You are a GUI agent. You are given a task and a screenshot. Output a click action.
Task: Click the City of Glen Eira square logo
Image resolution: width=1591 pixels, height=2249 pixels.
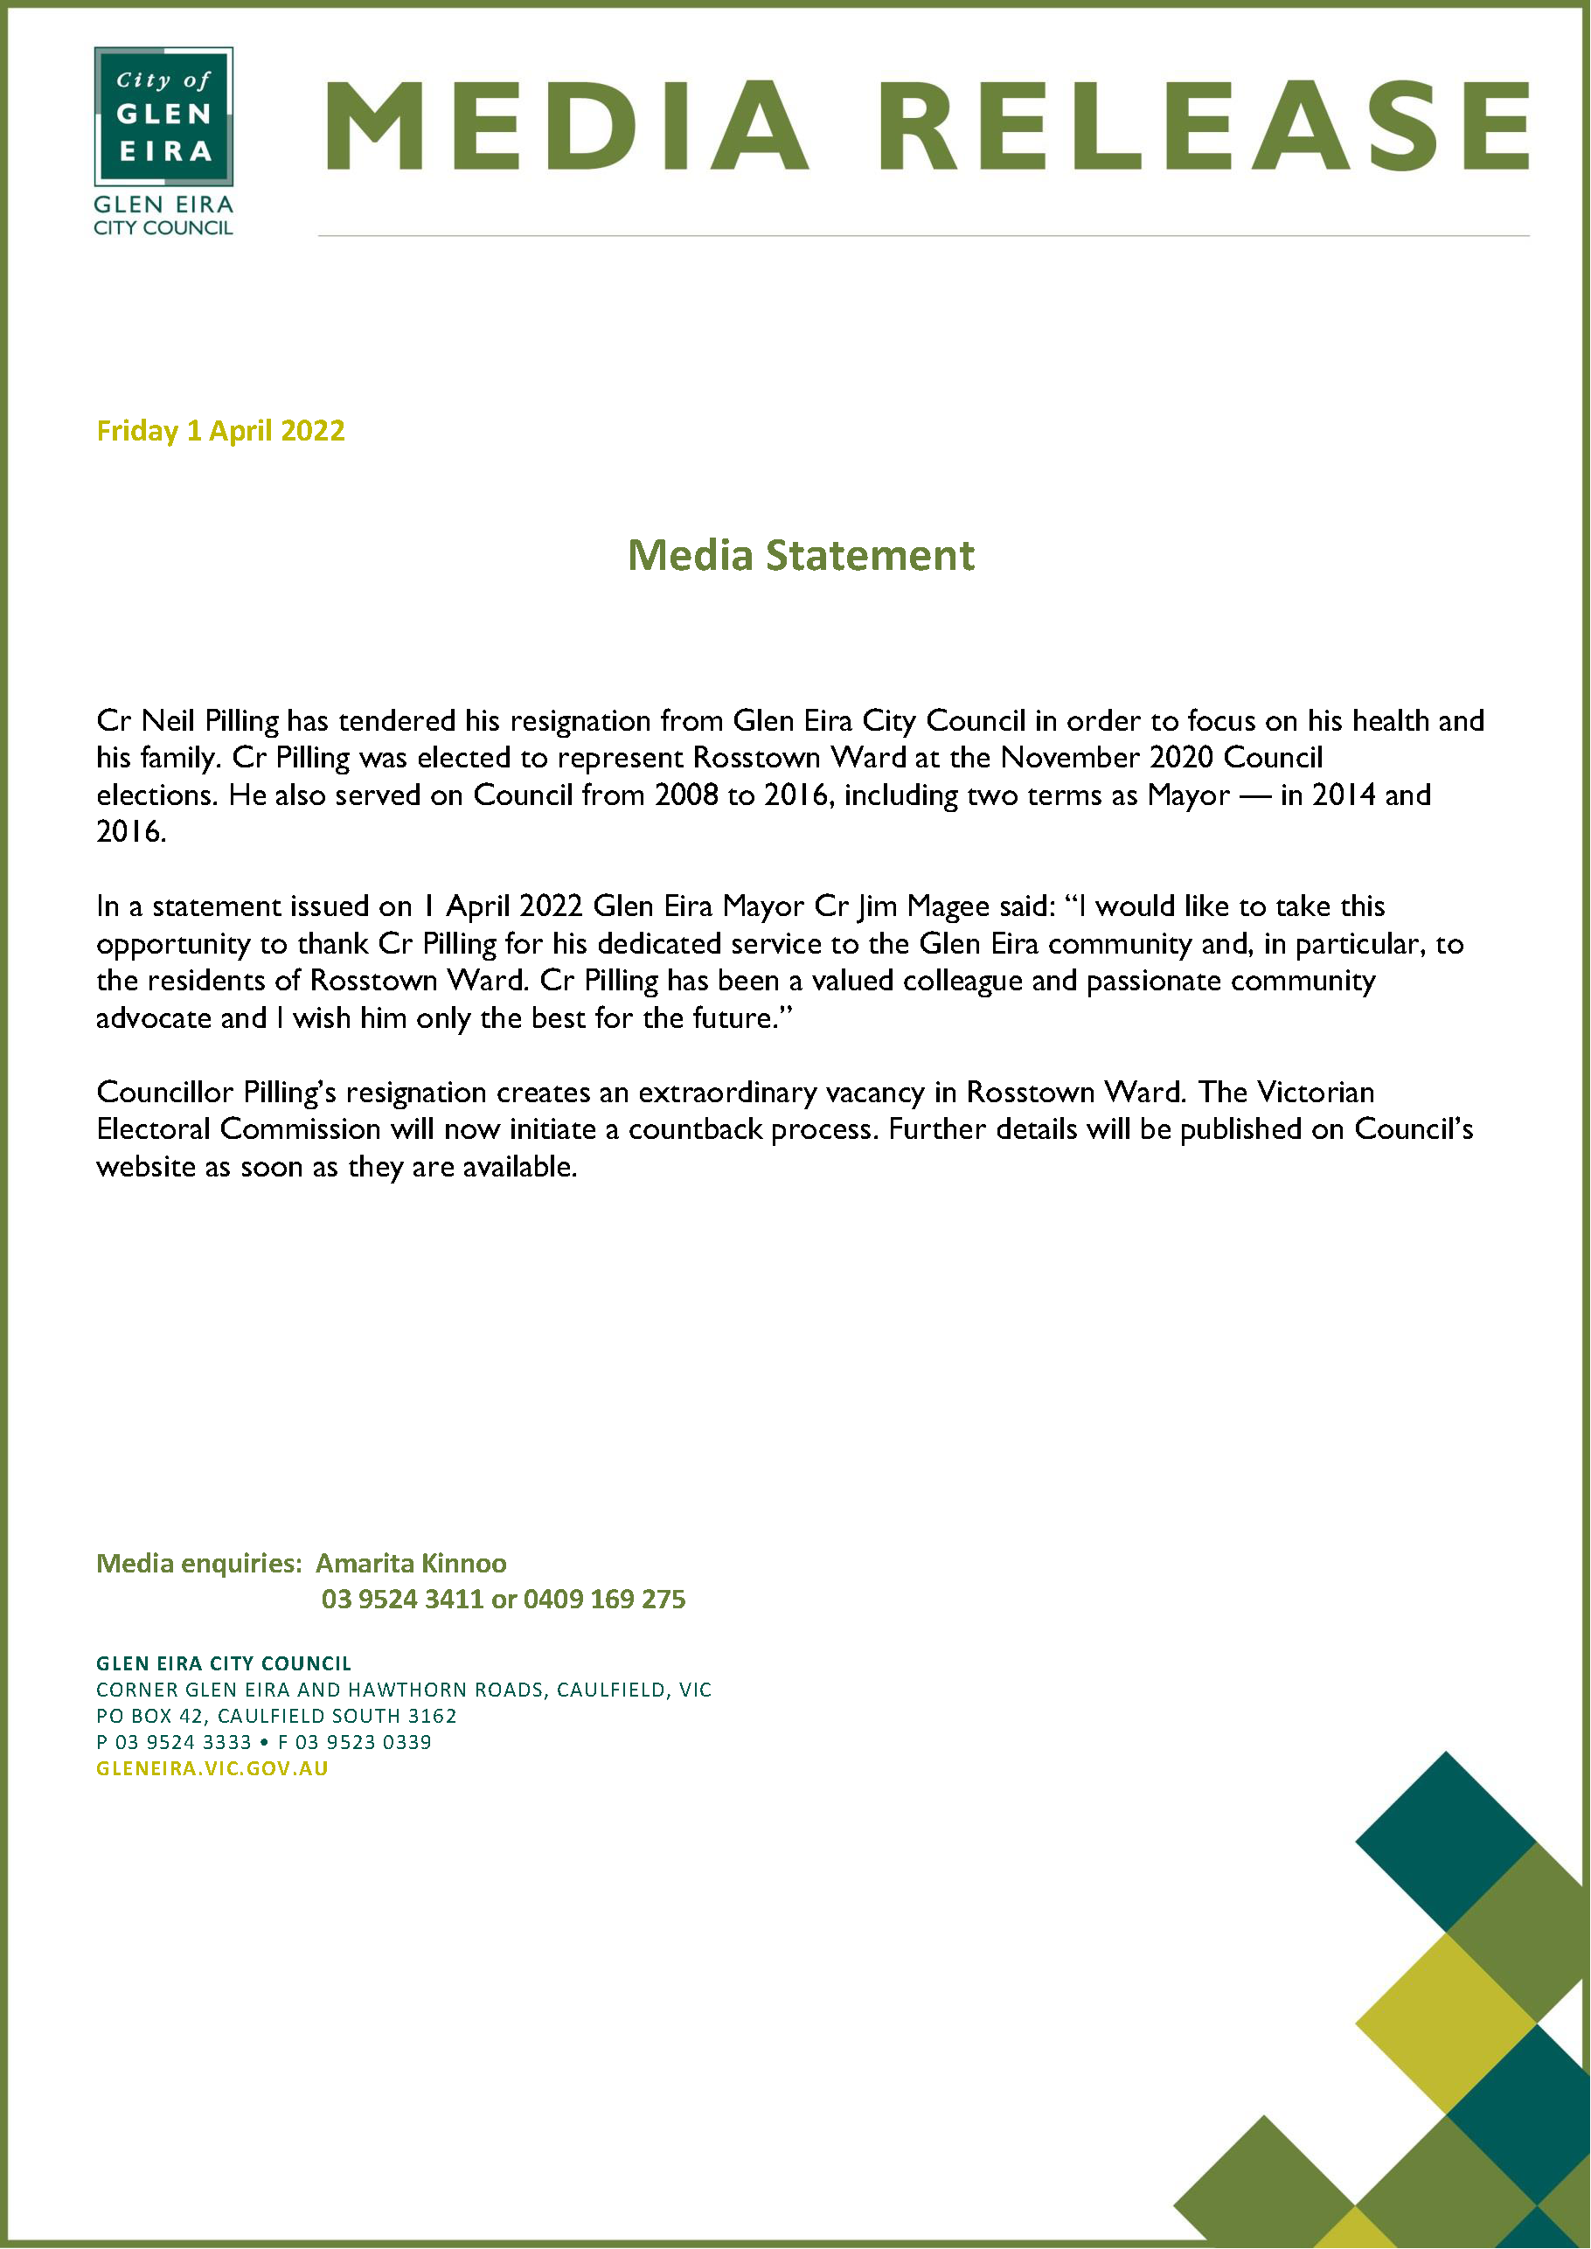[x=163, y=116]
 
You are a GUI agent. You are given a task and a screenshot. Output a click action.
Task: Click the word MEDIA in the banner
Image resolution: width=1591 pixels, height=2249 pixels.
[x=567, y=127]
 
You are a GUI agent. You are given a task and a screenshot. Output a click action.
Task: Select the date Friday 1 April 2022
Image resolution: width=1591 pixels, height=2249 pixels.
[x=220, y=431]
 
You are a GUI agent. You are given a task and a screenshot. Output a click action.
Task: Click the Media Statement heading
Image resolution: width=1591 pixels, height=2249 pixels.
[x=801, y=555]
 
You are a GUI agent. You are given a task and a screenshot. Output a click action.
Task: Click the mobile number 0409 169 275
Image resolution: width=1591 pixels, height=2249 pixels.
[x=604, y=1599]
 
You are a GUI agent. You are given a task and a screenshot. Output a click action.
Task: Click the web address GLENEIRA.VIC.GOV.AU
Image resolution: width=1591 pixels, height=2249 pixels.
[x=212, y=1768]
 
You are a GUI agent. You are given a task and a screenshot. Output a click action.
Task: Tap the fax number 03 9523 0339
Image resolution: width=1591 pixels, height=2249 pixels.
[x=364, y=1742]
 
